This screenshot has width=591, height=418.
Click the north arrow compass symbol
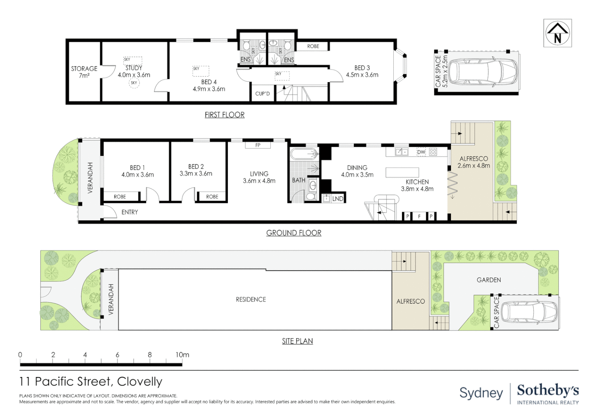[557, 33]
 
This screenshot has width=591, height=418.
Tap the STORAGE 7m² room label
[84, 72]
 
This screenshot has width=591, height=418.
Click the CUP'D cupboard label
[262, 94]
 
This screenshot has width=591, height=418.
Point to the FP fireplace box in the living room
[258, 145]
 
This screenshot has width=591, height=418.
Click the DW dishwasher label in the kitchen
[421, 152]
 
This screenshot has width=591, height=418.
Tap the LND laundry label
[338, 199]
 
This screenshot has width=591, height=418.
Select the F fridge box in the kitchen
[419, 216]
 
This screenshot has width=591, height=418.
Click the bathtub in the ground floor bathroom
[304, 154]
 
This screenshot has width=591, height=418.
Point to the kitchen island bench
[402, 172]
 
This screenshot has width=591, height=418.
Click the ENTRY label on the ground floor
[130, 212]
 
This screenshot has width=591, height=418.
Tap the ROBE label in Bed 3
[313, 46]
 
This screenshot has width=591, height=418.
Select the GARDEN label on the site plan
[489, 280]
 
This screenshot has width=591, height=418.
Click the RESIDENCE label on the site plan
[251, 300]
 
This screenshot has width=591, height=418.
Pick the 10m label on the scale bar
[182, 355]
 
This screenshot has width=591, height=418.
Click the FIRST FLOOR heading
[224, 115]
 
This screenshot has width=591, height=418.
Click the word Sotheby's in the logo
[548, 390]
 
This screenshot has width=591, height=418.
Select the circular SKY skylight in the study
[134, 83]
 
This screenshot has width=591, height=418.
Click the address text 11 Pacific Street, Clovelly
[91, 382]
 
